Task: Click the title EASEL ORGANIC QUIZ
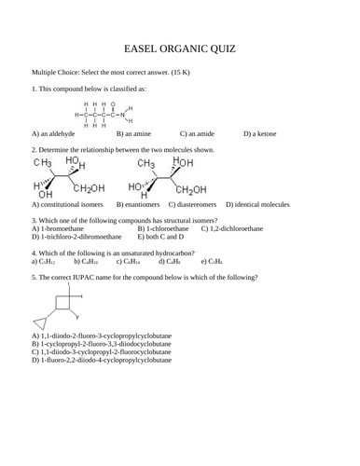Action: coord(179,48)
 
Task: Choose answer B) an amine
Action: coord(138,134)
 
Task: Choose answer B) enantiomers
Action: coord(140,203)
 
